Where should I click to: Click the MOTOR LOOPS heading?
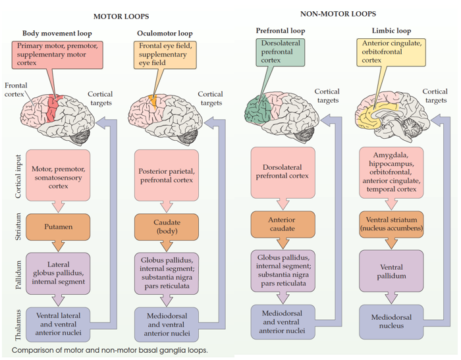pyautogui.click(x=121, y=16)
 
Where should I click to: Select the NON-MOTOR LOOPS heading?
pyautogui.click(x=338, y=13)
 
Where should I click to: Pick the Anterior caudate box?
pyautogui.click(x=282, y=224)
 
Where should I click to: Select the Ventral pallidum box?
pyautogui.click(x=392, y=272)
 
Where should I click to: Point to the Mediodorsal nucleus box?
pyautogui.click(x=391, y=322)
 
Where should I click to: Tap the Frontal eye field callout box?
pyautogui.click(x=163, y=55)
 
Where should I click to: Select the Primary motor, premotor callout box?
pyautogui.click(x=58, y=55)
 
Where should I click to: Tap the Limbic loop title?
pyautogui.click(x=391, y=30)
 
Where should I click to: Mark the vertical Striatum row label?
pyautogui.click(x=19, y=226)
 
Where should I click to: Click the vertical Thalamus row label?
pyautogui.click(x=19, y=324)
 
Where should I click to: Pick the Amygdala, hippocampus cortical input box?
pyautogui.click(x=391, y=171)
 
